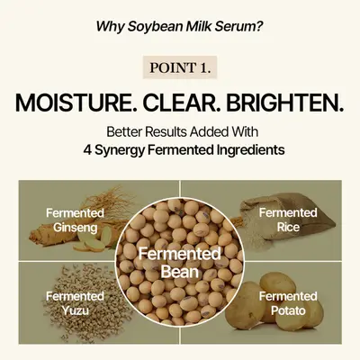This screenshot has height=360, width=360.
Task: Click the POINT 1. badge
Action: (180, 67)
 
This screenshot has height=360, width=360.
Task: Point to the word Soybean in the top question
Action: (155, 26)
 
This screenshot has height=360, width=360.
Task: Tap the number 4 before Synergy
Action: (87, 150)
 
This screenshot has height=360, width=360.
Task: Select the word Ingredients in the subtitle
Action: (251, 150)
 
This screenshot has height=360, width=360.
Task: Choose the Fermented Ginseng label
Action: (75, 220)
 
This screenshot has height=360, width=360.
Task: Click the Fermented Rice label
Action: (288, 220)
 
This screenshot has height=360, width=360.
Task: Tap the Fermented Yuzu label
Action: (75, 303)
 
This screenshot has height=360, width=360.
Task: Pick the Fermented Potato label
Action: (288, 303)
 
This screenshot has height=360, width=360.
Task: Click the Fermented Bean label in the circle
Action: (180, 263)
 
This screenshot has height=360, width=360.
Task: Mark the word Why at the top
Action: (110, 26)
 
